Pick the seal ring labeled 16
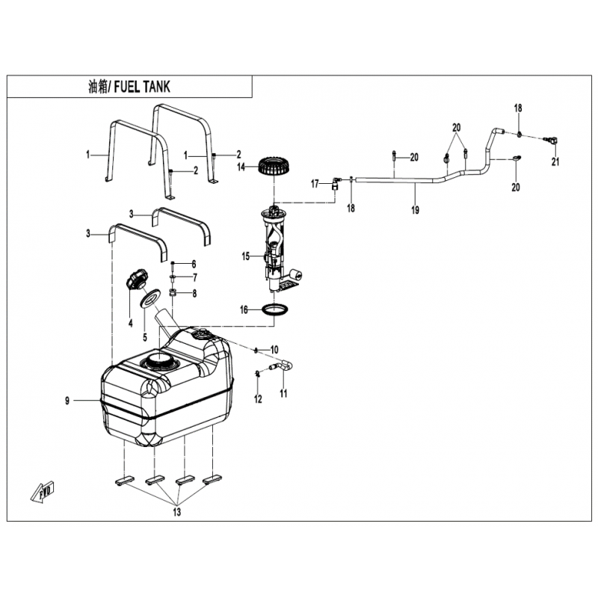275,310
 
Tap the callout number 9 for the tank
67,401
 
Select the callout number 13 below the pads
177,512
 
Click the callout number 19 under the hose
416,209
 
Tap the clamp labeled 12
258,373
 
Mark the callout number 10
274,349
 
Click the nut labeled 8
173,293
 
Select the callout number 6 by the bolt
194,264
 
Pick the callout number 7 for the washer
195,277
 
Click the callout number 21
555,161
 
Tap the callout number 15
246,256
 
